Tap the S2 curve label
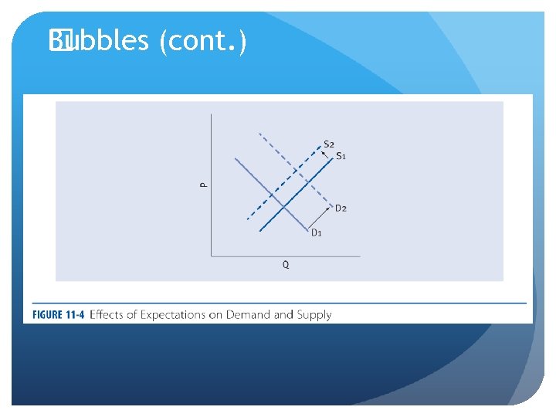[329, 144]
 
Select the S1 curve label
[341, 156]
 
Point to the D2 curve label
[341, 208]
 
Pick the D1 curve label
[317, 232]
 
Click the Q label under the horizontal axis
[286, 264]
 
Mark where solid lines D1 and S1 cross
[285, 206]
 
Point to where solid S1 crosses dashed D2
[309, 183]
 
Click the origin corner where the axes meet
[211, 255]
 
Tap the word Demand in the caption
[247, 314]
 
